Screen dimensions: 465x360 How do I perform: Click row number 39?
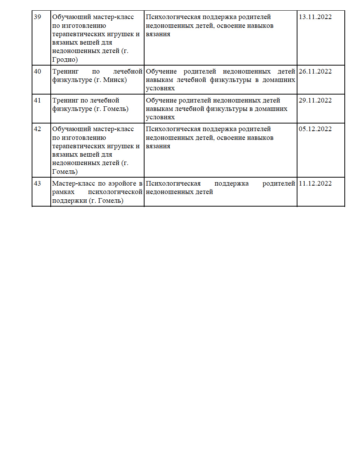coord(37,17)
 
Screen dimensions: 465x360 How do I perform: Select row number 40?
coord(37,72)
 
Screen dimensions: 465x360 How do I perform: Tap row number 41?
coord(37,101)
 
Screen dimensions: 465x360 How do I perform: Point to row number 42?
coord(37,129)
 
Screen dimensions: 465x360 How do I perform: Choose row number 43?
coord(37,184)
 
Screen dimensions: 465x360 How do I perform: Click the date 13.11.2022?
coord(315,17)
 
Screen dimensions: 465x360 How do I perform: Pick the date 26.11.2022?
coord(315,72)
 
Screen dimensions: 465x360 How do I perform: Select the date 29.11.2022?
coord(315,101)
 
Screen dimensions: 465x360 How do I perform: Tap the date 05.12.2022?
coord(315,129)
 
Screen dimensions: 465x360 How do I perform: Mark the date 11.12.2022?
coord(315,184)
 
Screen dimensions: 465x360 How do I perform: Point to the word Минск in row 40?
coord(113,80)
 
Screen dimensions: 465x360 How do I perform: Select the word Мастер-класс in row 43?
coord(71,184)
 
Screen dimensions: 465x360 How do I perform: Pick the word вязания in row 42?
coord(158,146)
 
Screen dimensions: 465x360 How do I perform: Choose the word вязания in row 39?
coord(158,34)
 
